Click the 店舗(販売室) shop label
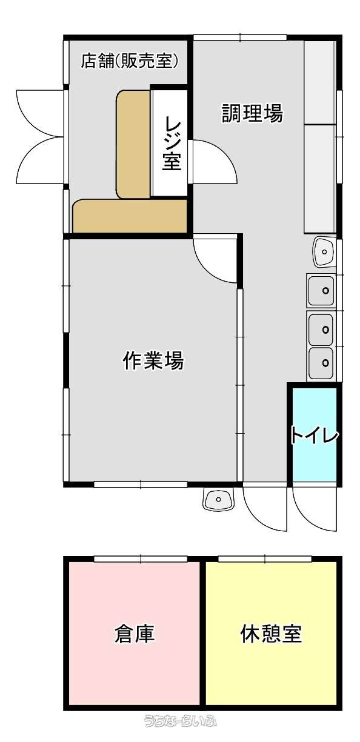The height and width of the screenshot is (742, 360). tap(130, 61)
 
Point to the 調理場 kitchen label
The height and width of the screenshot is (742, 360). tap(252, 113)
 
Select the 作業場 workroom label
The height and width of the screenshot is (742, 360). tap(153, 360)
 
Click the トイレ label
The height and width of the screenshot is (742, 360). tap(315, 436)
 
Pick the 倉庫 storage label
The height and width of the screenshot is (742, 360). tap(135, 634)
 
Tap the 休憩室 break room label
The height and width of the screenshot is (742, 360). tap(271, 634)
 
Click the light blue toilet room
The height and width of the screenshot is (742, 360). tap(315, 434)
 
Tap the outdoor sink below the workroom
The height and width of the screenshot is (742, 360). tap(218, 500)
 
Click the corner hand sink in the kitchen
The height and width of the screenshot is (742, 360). tap(324, 252)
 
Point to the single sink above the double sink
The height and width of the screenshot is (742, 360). tap(321, 291)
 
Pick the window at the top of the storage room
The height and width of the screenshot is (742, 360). tap(141, 558)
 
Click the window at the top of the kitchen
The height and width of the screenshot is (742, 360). tap(240, 38)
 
